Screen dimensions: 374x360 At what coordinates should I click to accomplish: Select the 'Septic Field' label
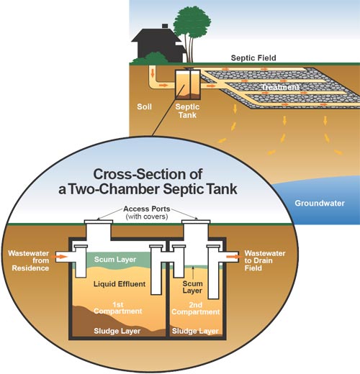pyautogui.click(x=253, y=58)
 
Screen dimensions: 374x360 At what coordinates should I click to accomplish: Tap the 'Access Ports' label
pyautogui.click(x=150, y=209)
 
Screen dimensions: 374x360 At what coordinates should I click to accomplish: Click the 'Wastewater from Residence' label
pyautogui.click(x=27, y=260)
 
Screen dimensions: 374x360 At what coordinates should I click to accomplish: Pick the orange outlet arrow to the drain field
pyautogui.click(x=232, y=255)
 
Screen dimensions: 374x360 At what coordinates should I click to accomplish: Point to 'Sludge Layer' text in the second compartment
pyautogui.click(x=195, y=332)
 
